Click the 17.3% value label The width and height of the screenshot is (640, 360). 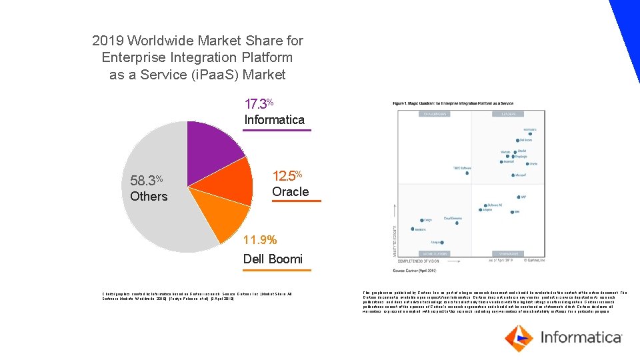pos(259,104)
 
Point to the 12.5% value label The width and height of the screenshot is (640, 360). pos(287,176)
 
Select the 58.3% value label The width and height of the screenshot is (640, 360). pos(147,181)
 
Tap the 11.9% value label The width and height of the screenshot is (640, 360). pos(260,240)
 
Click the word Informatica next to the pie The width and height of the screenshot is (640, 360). pos(274,120)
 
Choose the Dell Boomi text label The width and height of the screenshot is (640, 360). pos(273,259)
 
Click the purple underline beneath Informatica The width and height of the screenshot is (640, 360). pos(277,130)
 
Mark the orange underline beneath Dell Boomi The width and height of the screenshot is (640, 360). pos(277,270)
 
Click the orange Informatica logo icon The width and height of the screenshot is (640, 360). pos(518,338)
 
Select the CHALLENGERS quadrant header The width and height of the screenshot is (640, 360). pos(434,114)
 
